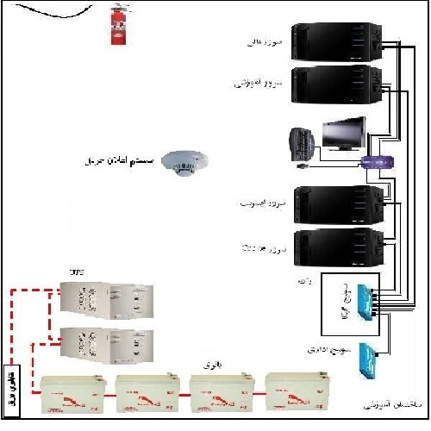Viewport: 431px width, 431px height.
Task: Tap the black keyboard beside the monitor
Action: (302, 144)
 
